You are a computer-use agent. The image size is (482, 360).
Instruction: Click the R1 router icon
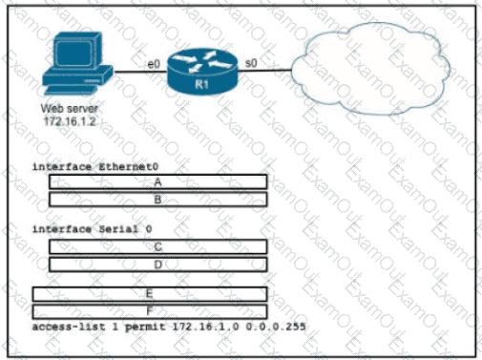(202, 72)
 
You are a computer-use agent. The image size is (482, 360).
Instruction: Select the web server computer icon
(77, 64)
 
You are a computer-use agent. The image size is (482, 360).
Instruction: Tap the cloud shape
(370, 69)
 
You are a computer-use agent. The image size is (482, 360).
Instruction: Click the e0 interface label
(154, 64)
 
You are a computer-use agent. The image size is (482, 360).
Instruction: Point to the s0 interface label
(251, 63)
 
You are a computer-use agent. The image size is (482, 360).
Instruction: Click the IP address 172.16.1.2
(70, 121)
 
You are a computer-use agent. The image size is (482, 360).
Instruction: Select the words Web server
(70, 109)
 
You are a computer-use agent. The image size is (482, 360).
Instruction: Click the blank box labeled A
(158, 182)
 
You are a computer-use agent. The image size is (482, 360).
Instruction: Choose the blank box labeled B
(158, 200)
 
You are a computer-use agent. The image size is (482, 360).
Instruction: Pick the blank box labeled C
(158, 246)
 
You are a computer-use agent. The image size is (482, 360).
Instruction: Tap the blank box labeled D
(158, 265)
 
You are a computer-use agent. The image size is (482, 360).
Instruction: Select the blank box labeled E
(150, 294)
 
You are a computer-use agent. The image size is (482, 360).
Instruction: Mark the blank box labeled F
(150, 311)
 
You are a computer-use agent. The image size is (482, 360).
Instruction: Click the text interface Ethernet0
(95, 167)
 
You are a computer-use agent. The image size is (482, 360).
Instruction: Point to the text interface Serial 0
(93, 229)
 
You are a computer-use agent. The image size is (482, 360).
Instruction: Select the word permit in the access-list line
(145, 327)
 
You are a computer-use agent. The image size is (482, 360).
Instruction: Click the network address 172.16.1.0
(205, 327)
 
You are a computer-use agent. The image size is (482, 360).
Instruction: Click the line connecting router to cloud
(264, 71)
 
